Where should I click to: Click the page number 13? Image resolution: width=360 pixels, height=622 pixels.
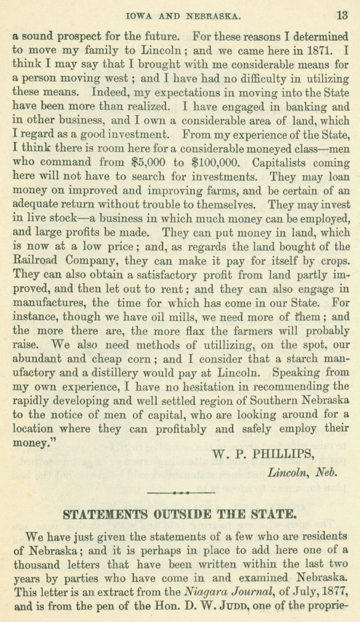(342, 15)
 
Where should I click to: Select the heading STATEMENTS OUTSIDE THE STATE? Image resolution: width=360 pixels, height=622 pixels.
(179, 515)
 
